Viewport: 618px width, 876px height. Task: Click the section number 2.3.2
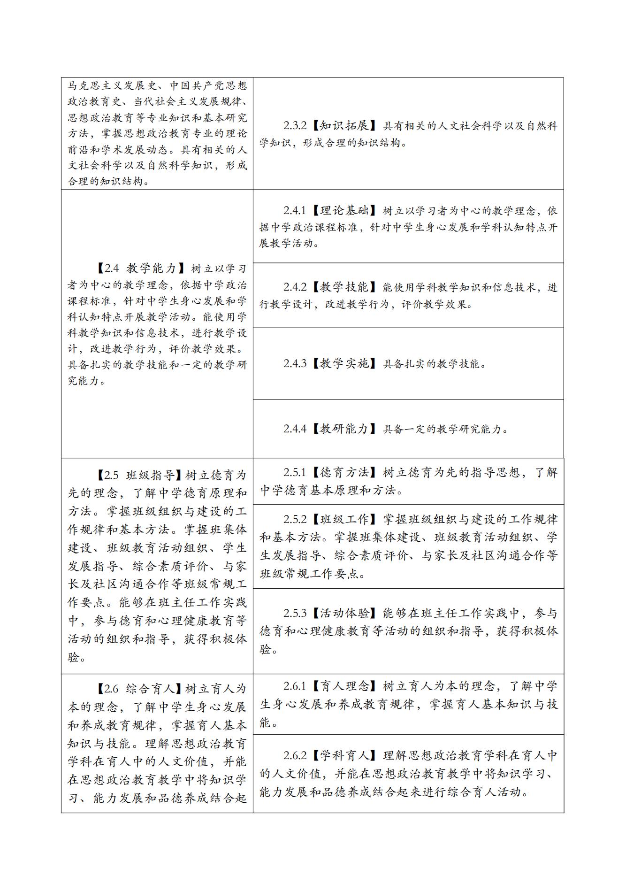pyautogui.click(x=295, y=126)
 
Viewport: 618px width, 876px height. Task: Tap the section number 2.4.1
pyautogui.click(x=295, y=211)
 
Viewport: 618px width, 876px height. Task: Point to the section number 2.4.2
pyautogui.click(x=295, y=287)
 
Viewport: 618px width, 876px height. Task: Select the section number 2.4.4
pyautogui.click(x=295, y=429)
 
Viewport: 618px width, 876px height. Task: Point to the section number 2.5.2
pyautogui.click(x=295, y=519)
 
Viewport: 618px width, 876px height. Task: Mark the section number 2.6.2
pyautogui.click(x=295, y=755)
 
